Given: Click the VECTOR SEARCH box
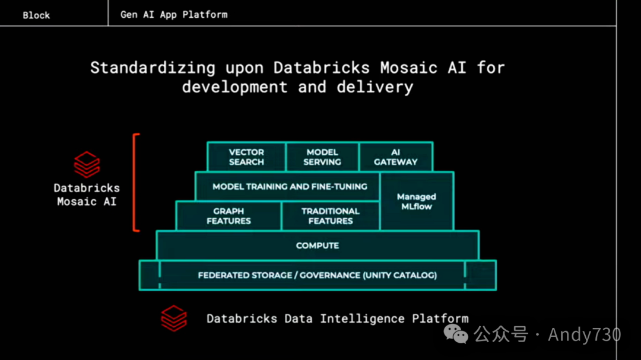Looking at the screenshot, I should click(246, 157).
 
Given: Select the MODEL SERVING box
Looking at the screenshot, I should click(322, 157).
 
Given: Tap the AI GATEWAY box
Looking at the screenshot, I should click(396, 157).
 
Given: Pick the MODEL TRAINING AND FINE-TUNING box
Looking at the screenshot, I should click(290, 186).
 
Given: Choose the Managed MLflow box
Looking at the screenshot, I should click(417, 202).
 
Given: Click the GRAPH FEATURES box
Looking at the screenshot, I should click(229, 216).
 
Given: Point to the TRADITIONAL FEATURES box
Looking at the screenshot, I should click(331, 216).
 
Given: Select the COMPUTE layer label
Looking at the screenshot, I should click(318, 246).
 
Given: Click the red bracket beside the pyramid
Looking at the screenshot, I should click(135, 182).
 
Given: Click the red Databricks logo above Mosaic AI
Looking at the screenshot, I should click(87, 164).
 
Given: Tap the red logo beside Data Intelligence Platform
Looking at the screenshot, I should click(174, 318).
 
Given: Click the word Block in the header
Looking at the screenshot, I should click(36, 15).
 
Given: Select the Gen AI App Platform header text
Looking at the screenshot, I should click(174, 14).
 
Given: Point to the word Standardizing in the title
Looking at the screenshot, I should click(153, 68).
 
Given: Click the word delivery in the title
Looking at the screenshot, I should click(375, 87).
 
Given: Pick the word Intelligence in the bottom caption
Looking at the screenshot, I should click(363, 318).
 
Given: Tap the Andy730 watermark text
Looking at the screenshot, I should click(584, 334).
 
